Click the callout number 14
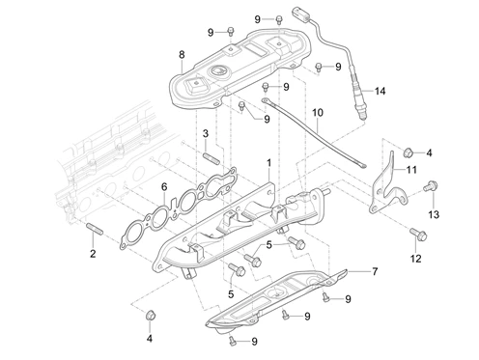380,91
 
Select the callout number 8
182,55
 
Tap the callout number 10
318,113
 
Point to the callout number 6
164,186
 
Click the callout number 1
268,163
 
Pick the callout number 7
375,272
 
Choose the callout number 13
434,214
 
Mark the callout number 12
416,259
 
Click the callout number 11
411,170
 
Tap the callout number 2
93,254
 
